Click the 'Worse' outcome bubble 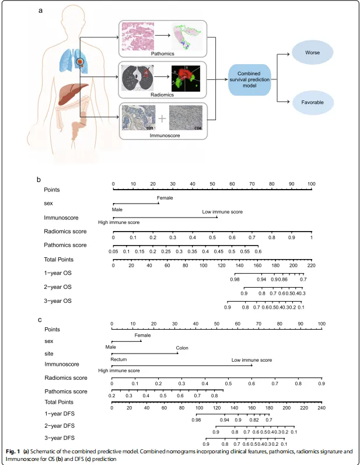pyautogui.click(x=312, y=53)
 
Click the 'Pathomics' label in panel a pyautogui.click(x=162, y=54)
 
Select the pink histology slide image pyautogui.click(x=138, y=36)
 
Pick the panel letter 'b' pyautogui.click(x=39, y=180)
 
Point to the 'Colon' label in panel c pyautogui.click(x=182, y=348)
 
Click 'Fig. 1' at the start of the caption pyautogui.click(x=12, y=451)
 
